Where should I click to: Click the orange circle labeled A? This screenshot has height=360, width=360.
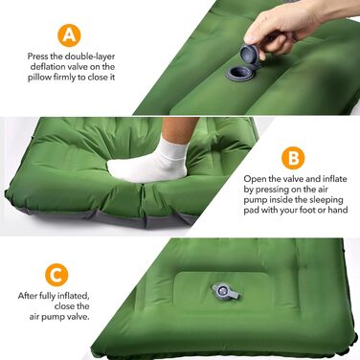69,35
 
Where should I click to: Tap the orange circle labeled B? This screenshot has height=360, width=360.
293,158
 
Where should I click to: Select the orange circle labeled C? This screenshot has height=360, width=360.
56,275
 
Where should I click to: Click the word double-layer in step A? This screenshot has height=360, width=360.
90,56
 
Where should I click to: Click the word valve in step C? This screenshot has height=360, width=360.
79,317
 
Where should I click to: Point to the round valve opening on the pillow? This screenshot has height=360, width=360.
238,73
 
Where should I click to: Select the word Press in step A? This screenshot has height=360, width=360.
38,56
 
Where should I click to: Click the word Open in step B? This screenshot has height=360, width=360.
254,179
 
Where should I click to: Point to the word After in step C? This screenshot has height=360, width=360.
28,296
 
